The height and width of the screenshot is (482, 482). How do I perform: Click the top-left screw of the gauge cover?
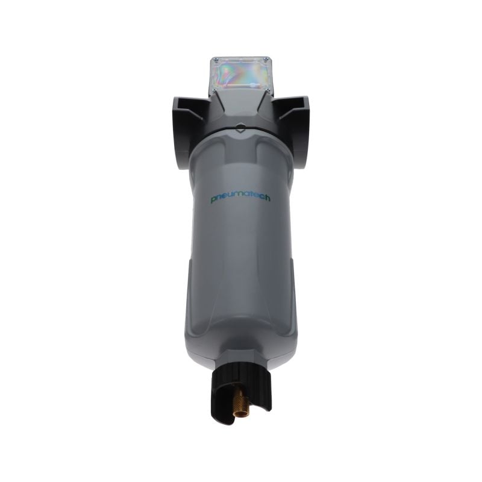[216, 60]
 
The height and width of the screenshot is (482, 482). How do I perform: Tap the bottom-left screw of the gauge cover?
[214, 89]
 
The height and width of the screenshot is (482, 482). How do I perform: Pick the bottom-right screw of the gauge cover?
[268, 89]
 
